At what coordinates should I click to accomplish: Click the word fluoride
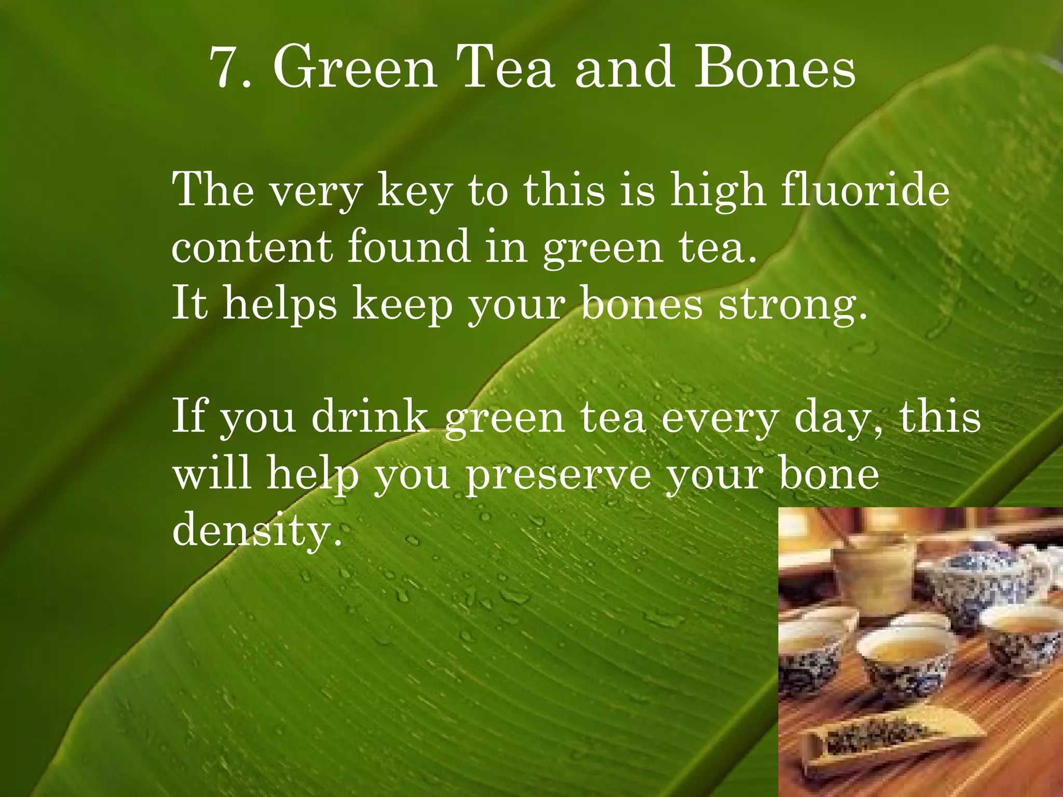point(865,190)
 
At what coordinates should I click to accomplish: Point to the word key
point(415,192)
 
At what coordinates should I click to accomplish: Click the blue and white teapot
point(981,581)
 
